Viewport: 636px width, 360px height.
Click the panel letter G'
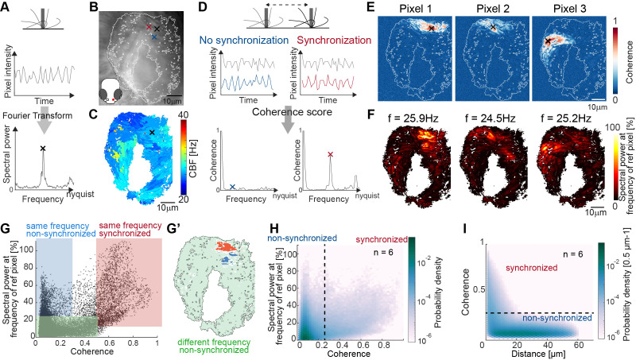[x=172, y=228]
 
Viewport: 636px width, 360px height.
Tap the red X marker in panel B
[x=149, y=27]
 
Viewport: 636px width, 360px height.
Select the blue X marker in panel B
[x=154, y=37]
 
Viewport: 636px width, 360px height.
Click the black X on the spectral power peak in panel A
[x=43, y=149]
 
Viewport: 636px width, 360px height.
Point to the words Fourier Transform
[x=37, y=115]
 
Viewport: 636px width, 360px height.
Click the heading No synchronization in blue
[x=244, y=41]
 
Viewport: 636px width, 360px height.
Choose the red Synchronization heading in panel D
[x=334, y=41]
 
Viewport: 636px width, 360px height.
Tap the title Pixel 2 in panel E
[x=492, y=9]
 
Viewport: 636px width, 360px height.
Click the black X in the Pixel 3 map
[x=548, y=41]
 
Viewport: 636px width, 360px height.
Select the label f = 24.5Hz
[x=490, y=118]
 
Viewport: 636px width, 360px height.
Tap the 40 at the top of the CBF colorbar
[x=184, y=114]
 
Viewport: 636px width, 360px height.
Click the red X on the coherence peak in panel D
[x=330, y=154]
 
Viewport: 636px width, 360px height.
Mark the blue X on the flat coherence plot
[x=232, y=187]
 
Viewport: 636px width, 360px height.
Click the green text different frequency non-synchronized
[x=214, y=346]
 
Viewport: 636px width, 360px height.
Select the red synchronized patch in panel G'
[x=227, y=246]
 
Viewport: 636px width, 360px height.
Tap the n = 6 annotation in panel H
[x=383, y=252]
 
